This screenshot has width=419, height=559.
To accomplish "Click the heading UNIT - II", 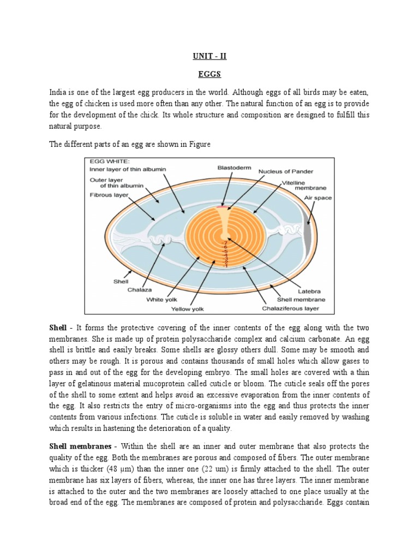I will pyautogui.click(x=209, y=56).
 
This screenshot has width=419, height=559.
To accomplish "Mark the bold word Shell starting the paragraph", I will pyautogui.click(x=58, y=328).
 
